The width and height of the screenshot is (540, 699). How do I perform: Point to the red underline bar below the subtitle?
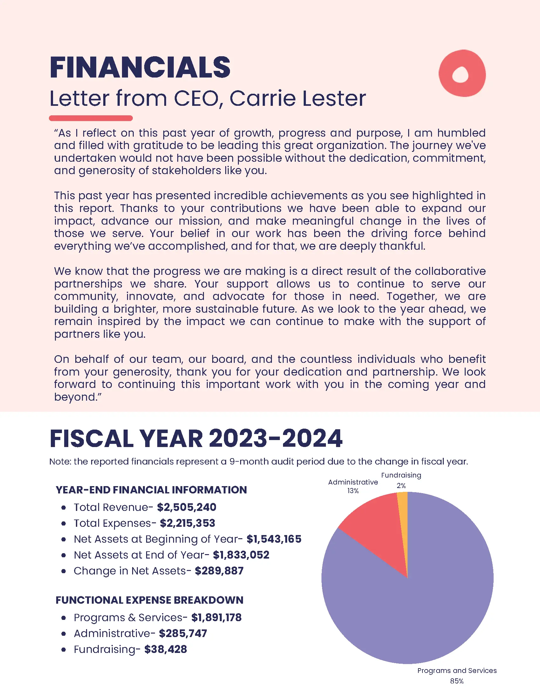(91, 118)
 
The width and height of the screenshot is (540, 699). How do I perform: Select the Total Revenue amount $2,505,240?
(186, 507)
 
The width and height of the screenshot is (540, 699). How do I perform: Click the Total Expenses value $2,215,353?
(187, 523)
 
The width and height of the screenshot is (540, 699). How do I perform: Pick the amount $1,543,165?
(274, 539)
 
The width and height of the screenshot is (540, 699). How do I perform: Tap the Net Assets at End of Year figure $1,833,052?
(241, 555)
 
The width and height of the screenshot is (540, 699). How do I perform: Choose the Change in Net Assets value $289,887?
(219, 571)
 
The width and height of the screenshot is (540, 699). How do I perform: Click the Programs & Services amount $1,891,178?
(216, 617)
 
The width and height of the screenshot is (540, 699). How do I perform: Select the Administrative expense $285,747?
(183, 633)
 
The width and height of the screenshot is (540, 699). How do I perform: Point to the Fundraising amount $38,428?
(165, 649)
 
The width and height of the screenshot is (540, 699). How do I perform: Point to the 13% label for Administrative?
(353, 491)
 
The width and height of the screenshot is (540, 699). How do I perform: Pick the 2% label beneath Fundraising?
(401, 486)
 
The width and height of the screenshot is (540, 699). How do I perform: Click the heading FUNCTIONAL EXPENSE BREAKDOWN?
(149, 600)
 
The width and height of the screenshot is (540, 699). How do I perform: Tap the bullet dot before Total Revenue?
(64, 508)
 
